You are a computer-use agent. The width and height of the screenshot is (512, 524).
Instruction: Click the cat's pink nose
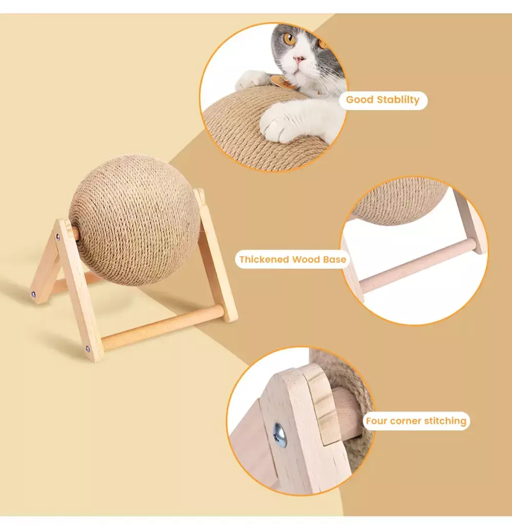(x=298, y=59)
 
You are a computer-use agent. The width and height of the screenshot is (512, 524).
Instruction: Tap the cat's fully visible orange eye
(x=289, y=39)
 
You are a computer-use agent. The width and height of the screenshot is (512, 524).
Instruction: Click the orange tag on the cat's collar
(x=280, y=81)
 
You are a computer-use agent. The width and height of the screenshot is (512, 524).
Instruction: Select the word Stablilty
(x=398, y=100)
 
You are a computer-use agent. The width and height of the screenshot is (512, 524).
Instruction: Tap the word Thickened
(x=264, y=259)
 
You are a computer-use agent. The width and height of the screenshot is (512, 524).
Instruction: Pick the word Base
(x=334, y=259)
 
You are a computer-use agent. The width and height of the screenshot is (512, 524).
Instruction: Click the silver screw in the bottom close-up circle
(x=280, y=435)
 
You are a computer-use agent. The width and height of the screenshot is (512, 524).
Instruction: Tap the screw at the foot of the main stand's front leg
(x=88, y=349)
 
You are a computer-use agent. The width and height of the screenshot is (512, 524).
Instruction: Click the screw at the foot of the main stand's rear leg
(x=33, y=294)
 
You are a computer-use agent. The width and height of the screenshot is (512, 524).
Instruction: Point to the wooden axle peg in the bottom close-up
(x=346, y=414)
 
